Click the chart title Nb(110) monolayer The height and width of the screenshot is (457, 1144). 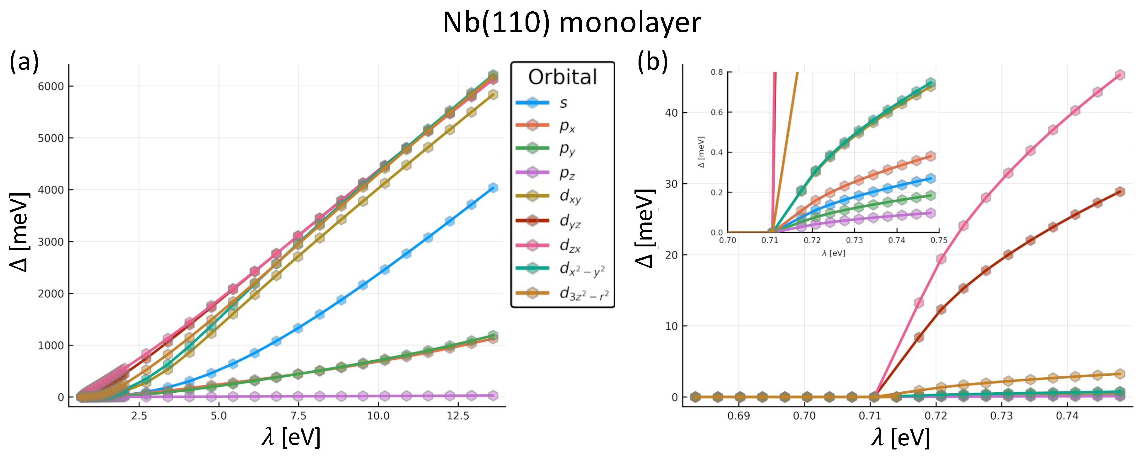pos(572,23)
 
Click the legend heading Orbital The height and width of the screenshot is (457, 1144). pos(562,77)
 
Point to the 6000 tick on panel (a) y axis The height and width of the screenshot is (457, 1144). pos(51,86)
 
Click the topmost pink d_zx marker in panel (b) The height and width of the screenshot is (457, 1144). pos(1120,75)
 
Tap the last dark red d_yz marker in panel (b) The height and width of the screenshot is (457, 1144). pos(1120,192)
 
